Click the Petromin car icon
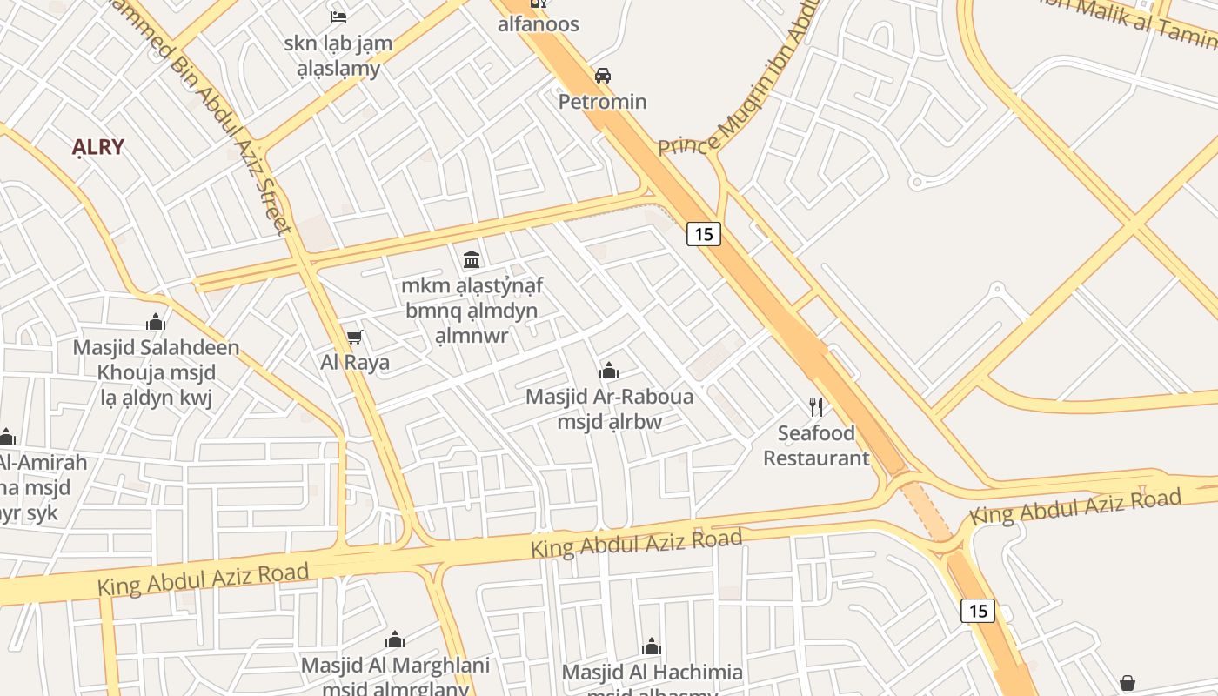(602, 76)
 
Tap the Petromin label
(602, 102)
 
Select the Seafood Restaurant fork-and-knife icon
(816, 406)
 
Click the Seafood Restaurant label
(816, 445)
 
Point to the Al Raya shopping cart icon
(354, 337)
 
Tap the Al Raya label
(355, 362)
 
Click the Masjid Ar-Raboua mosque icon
(609, 371)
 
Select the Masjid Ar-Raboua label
(610, 409)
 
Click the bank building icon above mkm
(472, 259)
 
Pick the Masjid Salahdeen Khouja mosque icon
(156, 323)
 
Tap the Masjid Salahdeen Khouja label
(156, 372)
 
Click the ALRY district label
(98, 147)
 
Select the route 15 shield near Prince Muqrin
(704, 233)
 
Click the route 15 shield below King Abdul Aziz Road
(978, 611)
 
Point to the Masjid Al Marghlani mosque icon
(395, 640)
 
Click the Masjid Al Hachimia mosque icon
(652, 646)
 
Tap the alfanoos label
(539, 24)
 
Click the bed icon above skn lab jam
(338, 17)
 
